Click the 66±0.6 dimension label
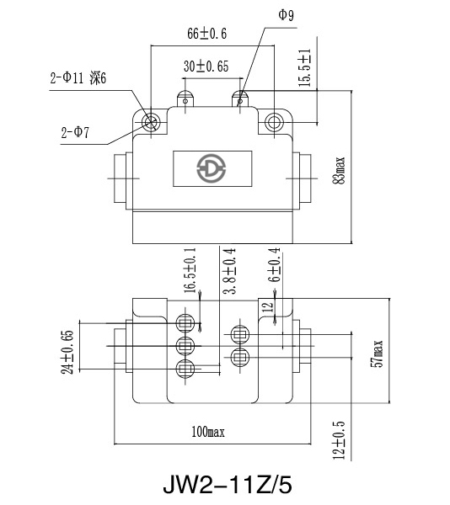207,34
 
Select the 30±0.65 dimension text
206,66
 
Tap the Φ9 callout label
287,15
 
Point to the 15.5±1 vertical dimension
305,68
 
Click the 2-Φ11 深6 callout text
78,78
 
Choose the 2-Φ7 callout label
75,132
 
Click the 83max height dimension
339,171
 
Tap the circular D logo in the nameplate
212,168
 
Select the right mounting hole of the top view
274,122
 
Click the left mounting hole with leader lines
151,122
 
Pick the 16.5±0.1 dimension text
190,270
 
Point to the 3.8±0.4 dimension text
230,271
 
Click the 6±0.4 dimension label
274,265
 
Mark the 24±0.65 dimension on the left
67,353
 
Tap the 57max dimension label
377,353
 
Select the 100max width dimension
208,432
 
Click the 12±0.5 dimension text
339,440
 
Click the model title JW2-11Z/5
228,485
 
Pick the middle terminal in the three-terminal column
185,346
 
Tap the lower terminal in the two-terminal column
240,357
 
